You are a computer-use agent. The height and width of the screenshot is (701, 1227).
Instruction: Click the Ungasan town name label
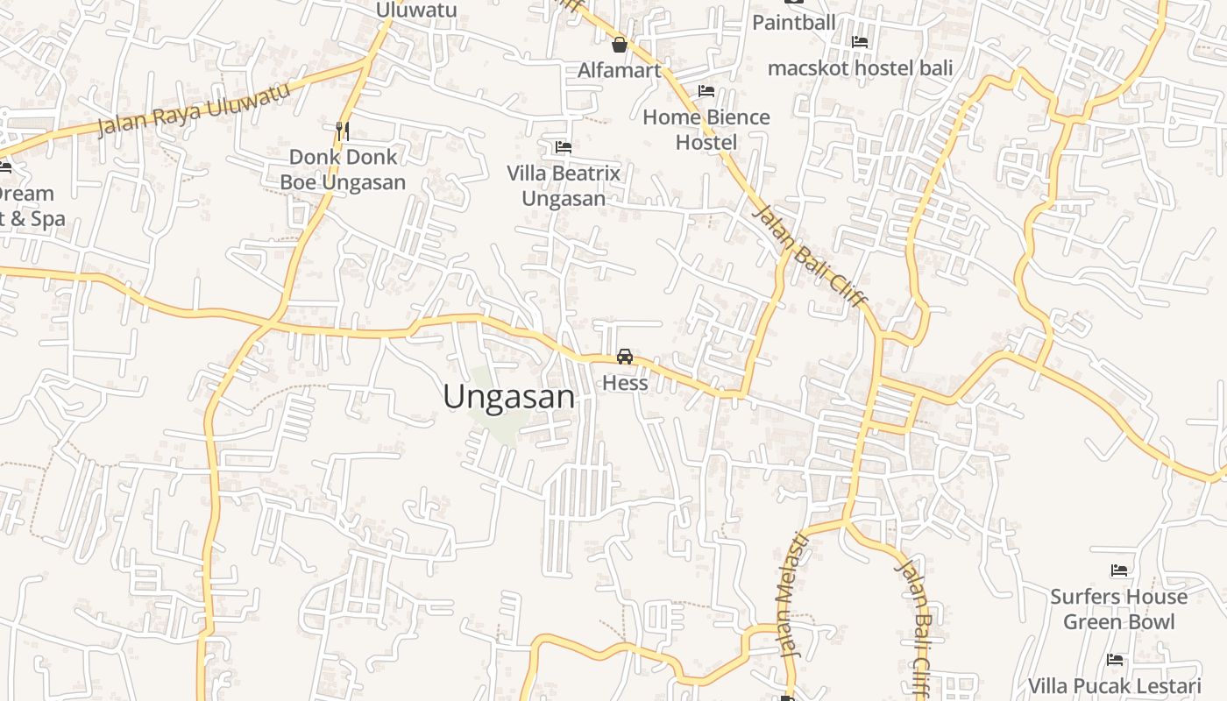(x=509, y=396)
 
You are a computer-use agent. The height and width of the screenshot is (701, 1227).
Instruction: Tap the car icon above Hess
(x=625, y=356)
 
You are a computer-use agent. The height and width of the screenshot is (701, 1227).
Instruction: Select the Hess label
(x=625, y=383)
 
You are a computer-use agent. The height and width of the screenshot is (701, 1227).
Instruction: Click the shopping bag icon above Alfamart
(x=620, y=45)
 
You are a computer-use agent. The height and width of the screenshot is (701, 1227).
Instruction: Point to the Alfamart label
(x=620, y=70)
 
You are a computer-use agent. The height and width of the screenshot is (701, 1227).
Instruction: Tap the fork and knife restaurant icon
(x=343, y=131)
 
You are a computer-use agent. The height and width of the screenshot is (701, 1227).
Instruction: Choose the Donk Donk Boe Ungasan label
(x=343, y=169)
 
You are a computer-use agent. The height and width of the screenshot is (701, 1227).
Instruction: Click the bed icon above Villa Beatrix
(x=564, y=147)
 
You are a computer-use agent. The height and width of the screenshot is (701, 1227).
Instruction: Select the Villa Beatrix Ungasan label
(x=564, y=186)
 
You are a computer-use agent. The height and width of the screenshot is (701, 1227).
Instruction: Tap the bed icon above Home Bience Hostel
(x=706, y=91)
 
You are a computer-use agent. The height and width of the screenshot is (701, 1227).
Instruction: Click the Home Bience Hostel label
(x=706, y=130)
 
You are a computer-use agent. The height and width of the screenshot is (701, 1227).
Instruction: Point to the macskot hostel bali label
(x=860, y=67)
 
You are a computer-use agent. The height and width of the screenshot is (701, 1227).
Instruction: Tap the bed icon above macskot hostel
(x=860, y=41)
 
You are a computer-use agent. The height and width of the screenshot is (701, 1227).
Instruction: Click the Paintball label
(x=794, y=22)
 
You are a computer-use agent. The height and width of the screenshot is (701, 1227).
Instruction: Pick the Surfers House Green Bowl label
(x=1119, y=609)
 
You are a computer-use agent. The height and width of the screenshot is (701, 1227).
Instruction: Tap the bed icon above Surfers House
(x=1119, y=570)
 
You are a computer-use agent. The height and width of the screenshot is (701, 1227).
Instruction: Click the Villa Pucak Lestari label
(x=1115, y=685)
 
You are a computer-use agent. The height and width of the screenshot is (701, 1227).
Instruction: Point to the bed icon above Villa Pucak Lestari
(x=1115, y=659)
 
